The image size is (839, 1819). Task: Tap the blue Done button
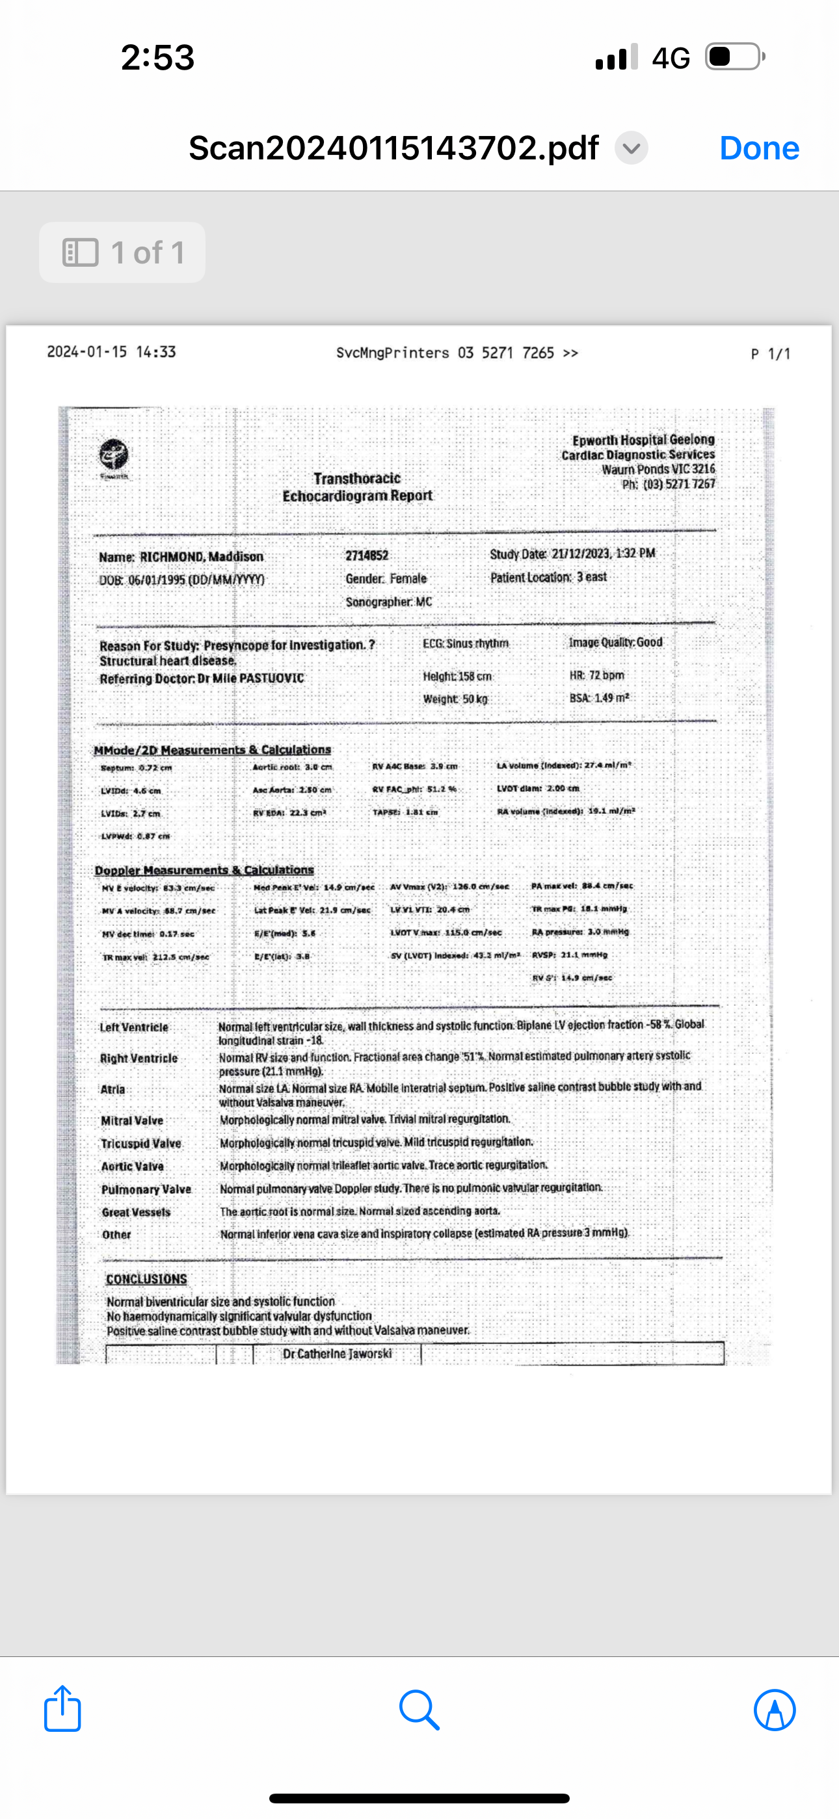coord(759,148)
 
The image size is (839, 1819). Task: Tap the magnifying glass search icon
coord(419,1710)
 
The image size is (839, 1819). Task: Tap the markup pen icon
coord(775,1710)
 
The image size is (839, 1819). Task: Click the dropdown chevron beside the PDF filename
coord(632,148)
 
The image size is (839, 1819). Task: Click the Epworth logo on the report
coord(114,454)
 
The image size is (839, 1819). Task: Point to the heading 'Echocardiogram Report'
coord(357,496)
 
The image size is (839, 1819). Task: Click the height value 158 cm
coord(475,677)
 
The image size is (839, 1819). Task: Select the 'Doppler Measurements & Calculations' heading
coord(204,870)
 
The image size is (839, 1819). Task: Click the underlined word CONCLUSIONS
coord(146,1279)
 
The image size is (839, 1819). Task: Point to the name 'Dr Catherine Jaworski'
coord(337,1354)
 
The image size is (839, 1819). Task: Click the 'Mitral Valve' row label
coord(132,1121)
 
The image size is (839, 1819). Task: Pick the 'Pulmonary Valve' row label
coord(146,1189)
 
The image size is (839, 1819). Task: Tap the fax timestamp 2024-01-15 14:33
coord(112,352)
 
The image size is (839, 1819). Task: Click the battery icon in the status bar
coord(734,57)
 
